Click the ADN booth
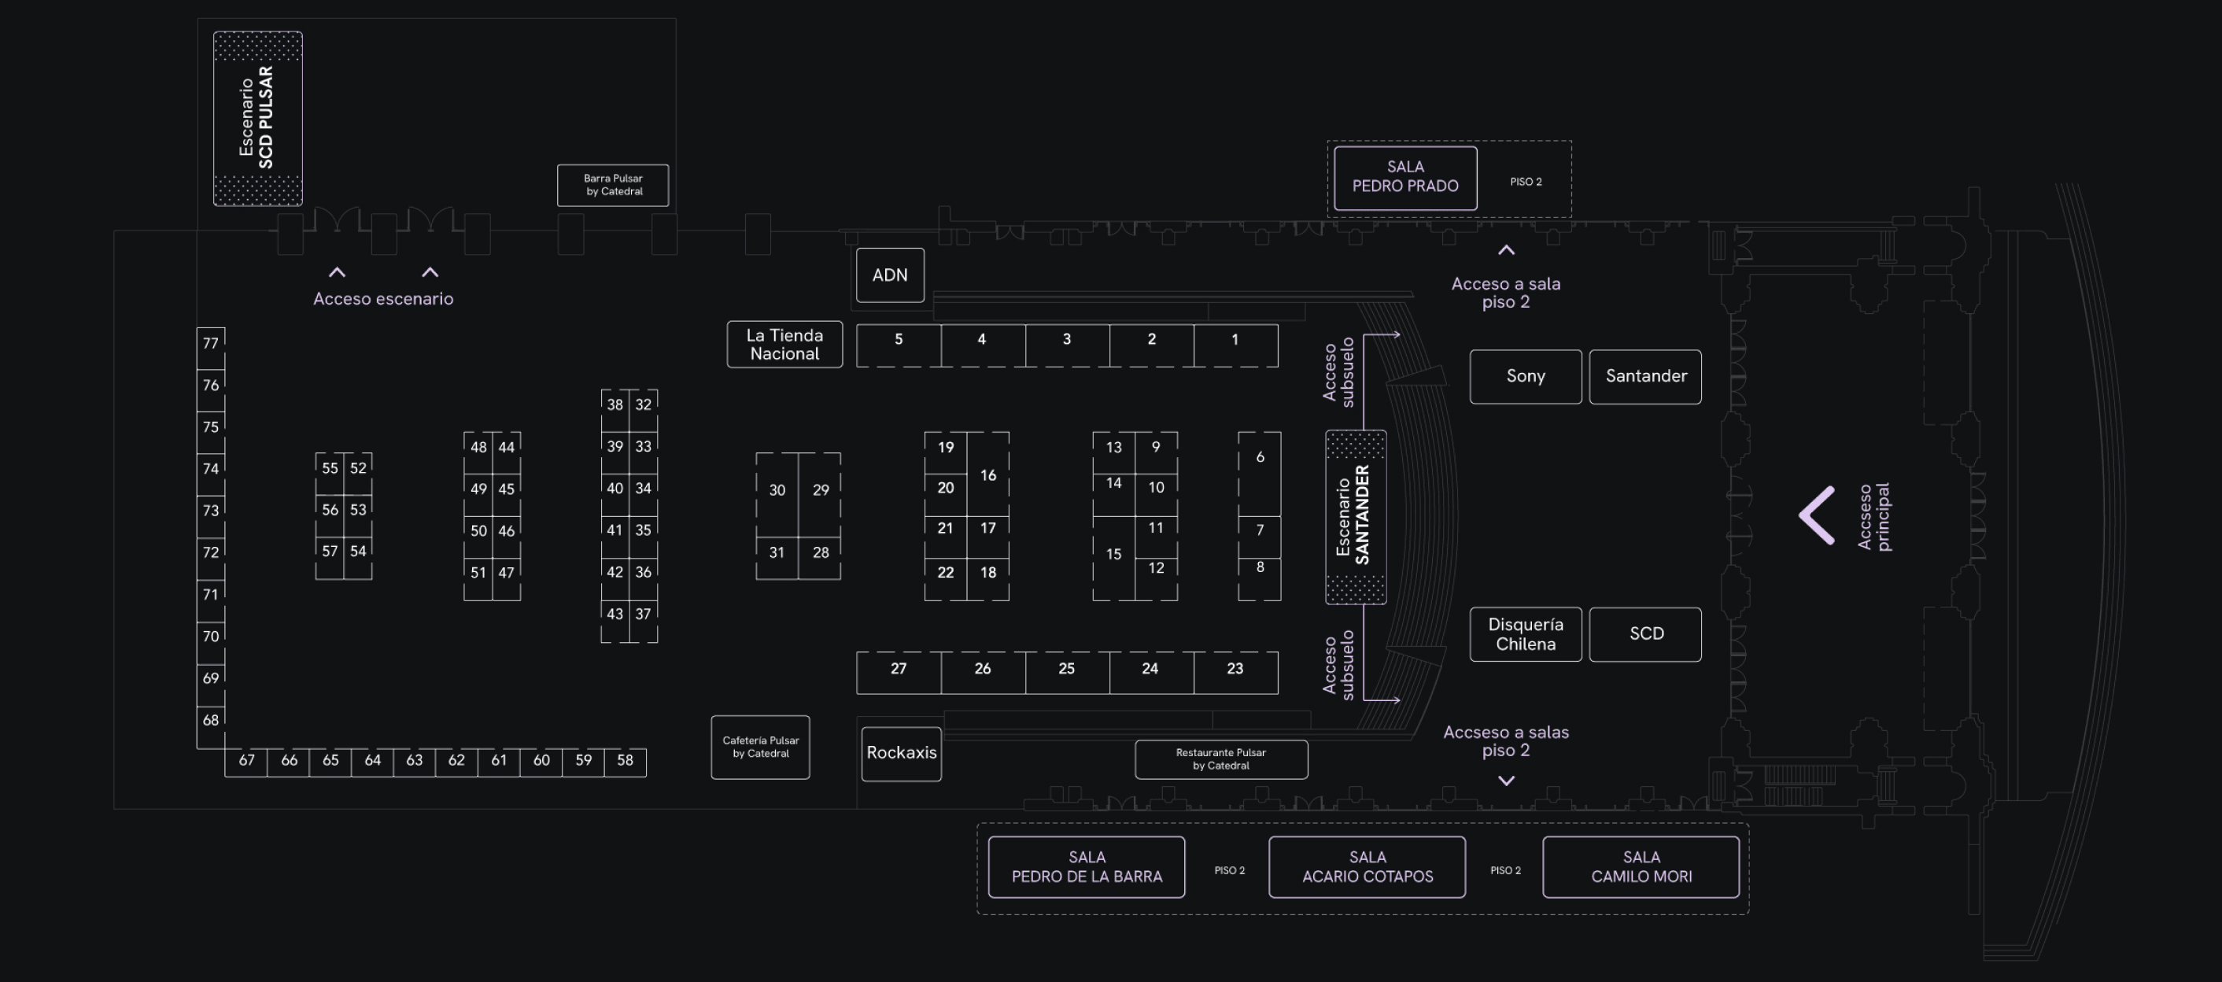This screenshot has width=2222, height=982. tap(889, 275)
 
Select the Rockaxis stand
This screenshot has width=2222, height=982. tap(901, 753)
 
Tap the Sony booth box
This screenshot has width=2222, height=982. tap(1525, 376)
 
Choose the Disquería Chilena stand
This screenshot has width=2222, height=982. tap(1525, 634)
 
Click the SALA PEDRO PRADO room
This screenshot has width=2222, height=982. tap(1404, 178)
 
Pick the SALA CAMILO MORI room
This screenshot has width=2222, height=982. tap(1641, 866)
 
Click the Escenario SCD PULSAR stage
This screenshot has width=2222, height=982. tap(257, 118)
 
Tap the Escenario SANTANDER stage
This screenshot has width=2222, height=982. tap(1355, 516)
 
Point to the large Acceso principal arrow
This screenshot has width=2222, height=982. tap(1817, 515)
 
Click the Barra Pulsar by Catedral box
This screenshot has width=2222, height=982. tap(612, 185)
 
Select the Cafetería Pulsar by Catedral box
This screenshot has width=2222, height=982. tap(760, 748)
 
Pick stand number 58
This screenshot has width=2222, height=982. tap(625, 761)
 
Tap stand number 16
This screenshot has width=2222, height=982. tap(987, 474)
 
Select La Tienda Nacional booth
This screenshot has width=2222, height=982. tap(784, 345)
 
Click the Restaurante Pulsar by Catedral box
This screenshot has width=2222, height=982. tap(1220, 759)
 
